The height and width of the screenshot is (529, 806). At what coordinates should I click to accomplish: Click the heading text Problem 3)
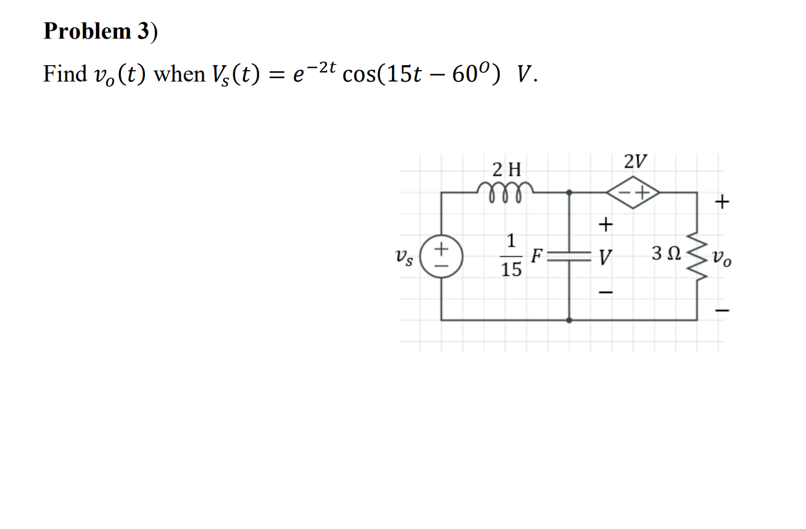pyautogui.click(x=100, y=31)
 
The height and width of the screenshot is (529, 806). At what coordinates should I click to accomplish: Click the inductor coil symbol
pyautogui.click(x=505, y=189)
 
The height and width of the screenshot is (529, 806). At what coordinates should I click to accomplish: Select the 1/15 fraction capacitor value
pyautogui.click(x=511, y=255)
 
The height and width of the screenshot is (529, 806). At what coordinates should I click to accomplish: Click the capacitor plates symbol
pyautogui.click(x=569, y=256)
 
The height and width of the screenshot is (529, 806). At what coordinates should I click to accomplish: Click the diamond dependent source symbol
pyautogui.click(x=633, y=193)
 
